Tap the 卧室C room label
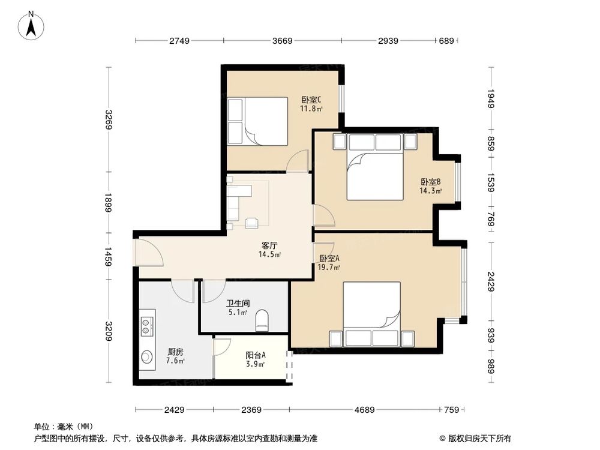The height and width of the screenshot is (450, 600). (311, 100)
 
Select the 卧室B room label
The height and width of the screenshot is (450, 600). (431, 182)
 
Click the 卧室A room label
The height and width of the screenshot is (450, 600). (329, 258)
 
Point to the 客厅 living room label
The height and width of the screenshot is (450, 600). (269, 245)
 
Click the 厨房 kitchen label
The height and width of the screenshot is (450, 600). (176, 352)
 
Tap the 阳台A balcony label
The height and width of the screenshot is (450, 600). (256, 355)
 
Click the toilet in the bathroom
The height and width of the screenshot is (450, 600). (262, 320)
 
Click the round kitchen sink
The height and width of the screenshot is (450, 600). (147, 357)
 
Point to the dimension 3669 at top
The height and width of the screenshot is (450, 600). (282, 41)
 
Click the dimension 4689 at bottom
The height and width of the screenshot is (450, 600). (364, 410)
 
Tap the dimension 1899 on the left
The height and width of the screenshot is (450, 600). (108, 202)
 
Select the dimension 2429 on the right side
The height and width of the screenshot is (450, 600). (491, 280)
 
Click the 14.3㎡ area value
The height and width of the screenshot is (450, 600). (431, 191)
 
